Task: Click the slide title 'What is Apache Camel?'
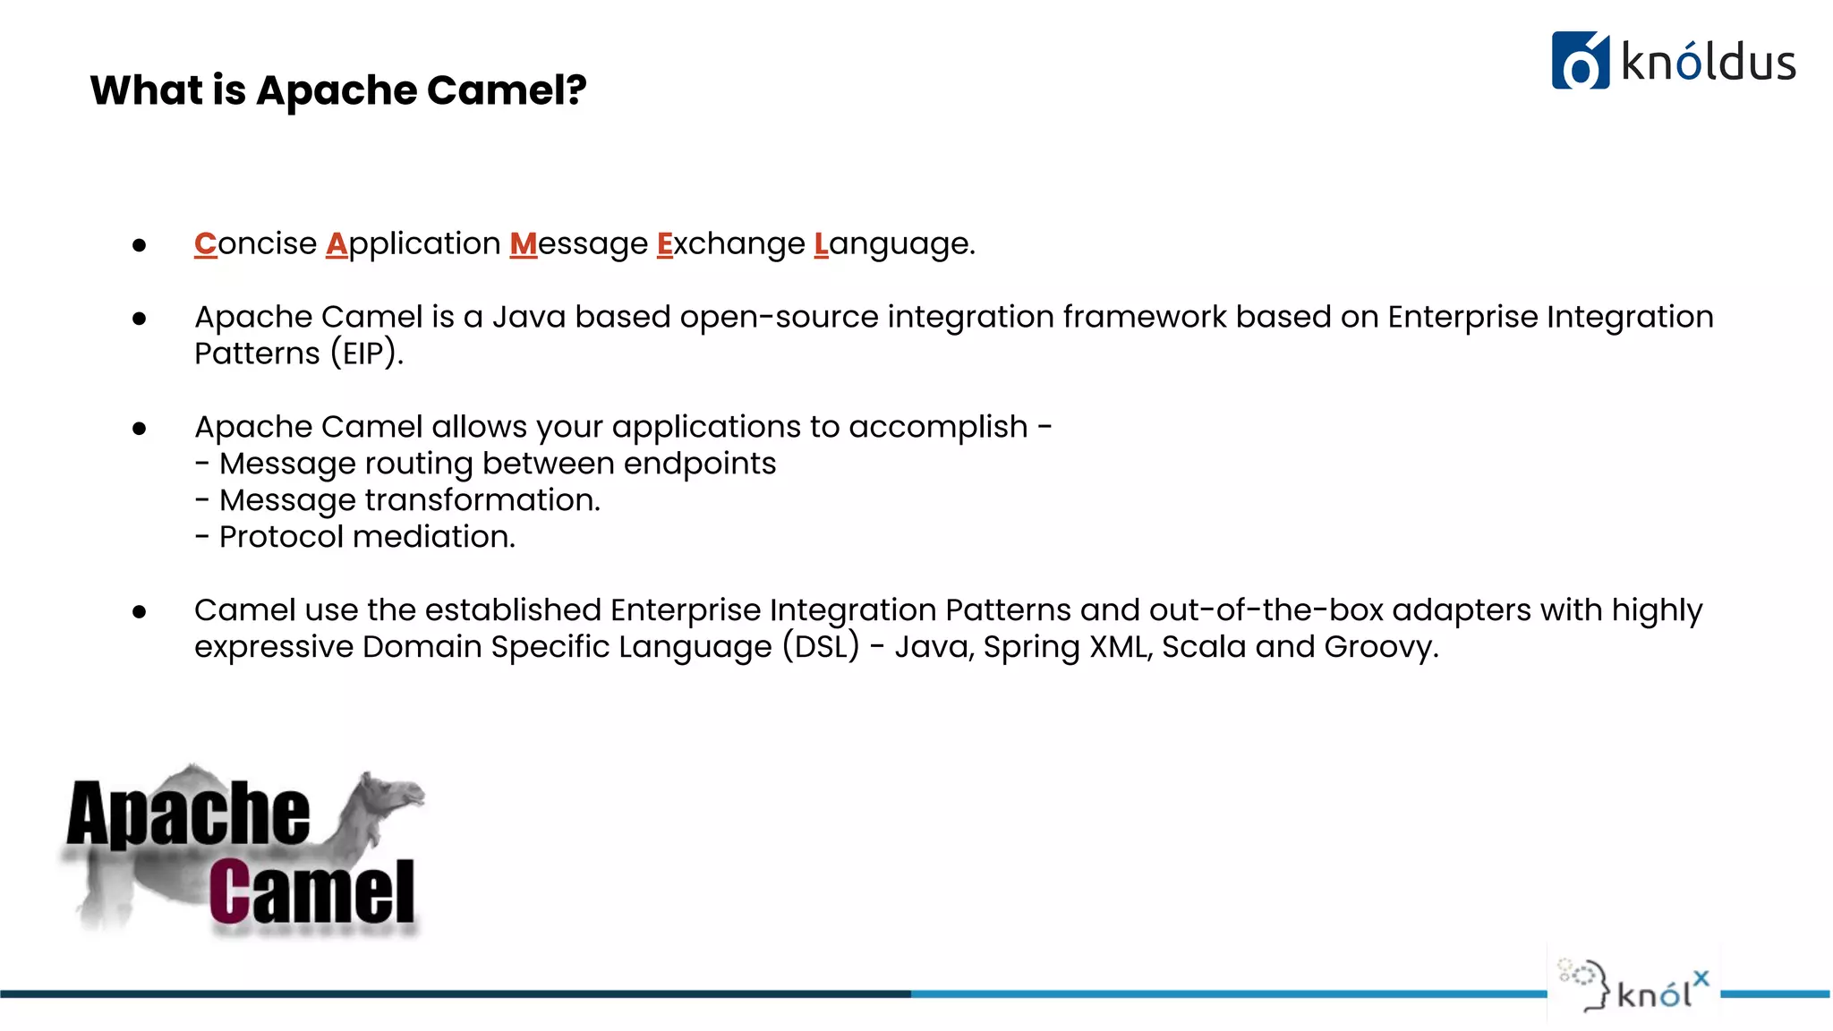338,90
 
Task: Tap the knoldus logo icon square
1580,61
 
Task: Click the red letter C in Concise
206,243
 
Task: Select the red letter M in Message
524,243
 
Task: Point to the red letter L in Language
821,243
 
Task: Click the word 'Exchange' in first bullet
730,243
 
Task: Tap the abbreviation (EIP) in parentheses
366,354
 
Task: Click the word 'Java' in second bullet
528,317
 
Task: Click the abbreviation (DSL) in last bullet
821,647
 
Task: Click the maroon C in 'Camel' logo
229,891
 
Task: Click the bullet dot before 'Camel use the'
139,612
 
